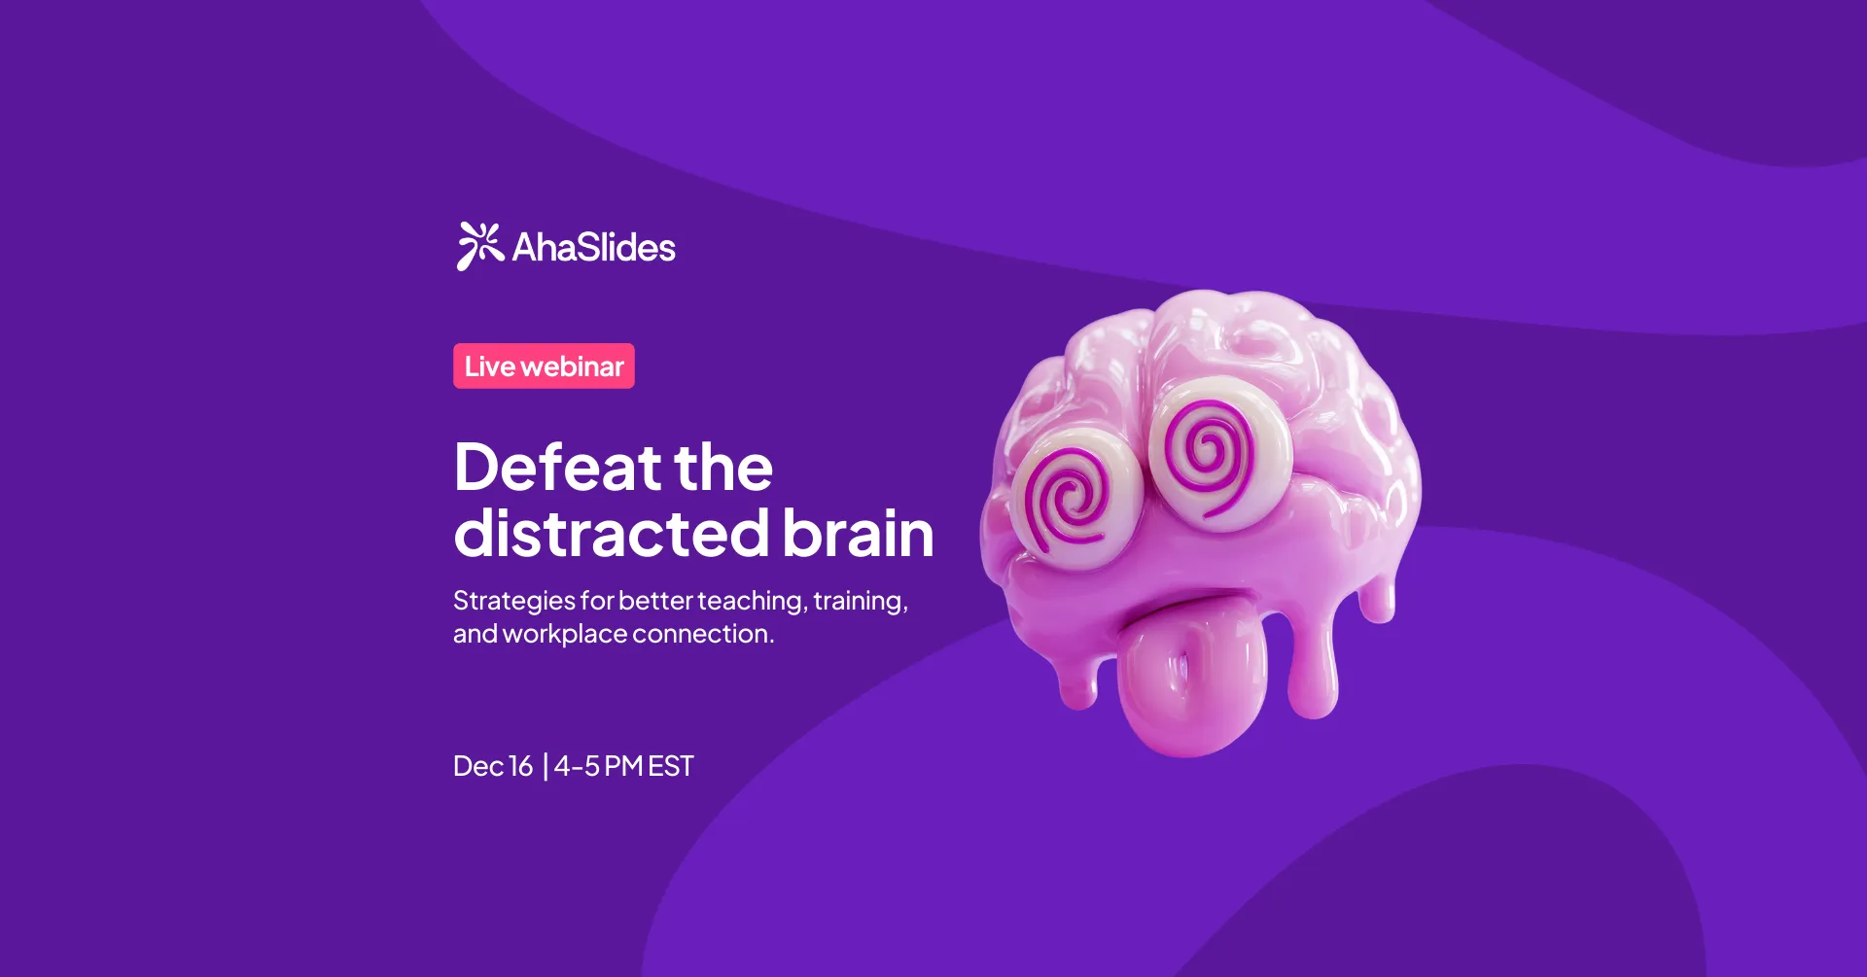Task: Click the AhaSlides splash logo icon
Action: click(479, 246)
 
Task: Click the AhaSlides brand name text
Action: click(593, 248)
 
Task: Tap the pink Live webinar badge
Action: click(544, 366)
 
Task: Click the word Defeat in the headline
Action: click(557, 468)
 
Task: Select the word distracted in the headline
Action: click(612, 534)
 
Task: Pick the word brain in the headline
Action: click(857, 534)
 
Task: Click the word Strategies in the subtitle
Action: click(513, 602)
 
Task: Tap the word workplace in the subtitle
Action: click(564, 634)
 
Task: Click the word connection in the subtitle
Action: click(703, 634)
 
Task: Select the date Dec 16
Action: click(493, 766)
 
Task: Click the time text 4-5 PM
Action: click(598, 766)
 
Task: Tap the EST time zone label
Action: click(671, 766)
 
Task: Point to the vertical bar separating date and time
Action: click(546, 767)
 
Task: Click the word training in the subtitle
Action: click(860, 602)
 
